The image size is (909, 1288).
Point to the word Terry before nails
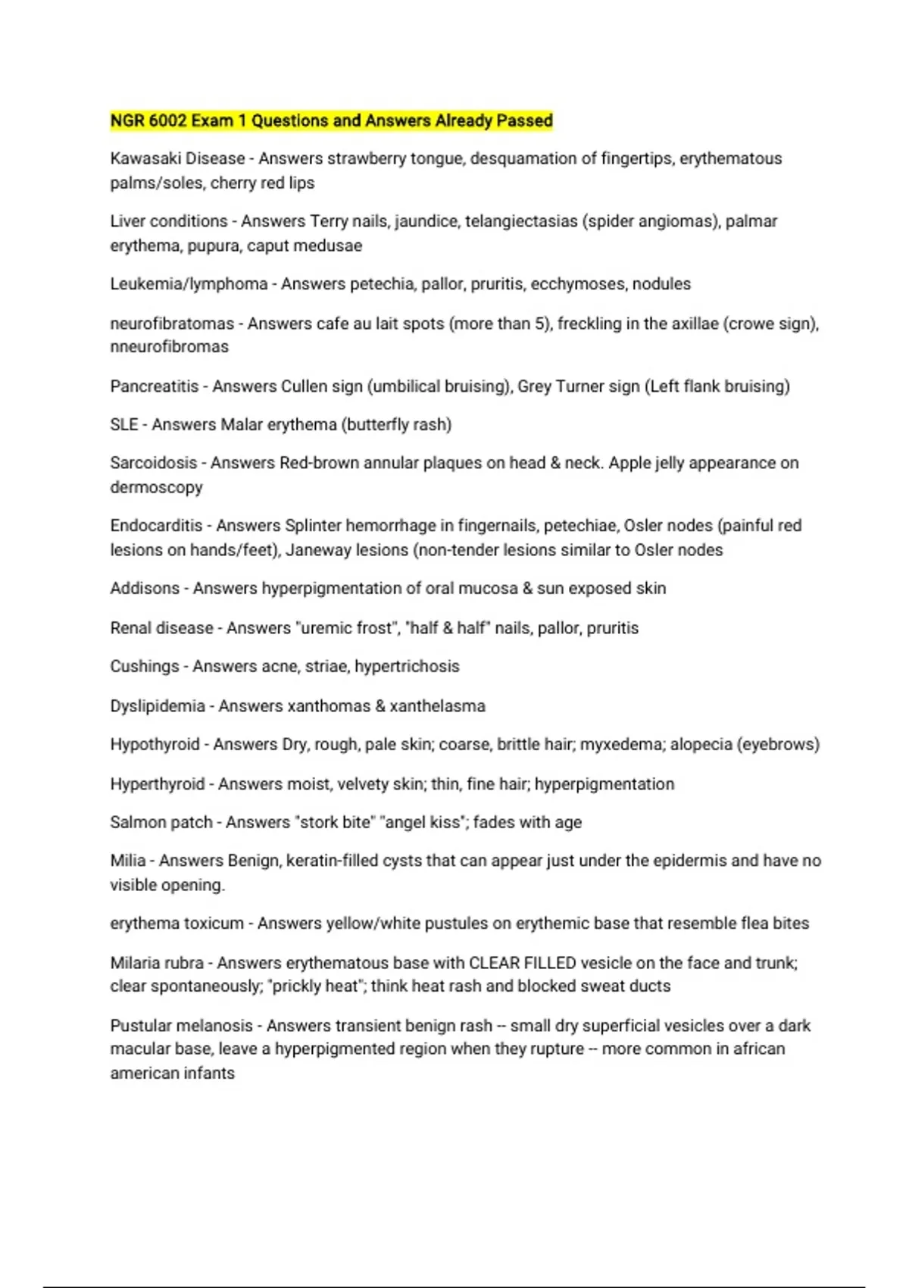coord(329,221)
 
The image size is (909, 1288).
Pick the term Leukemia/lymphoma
coord(189,284)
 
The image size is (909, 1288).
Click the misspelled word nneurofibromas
coord(169,346)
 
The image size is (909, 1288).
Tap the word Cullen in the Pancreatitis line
coord(305,386)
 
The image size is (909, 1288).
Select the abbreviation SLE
coord(124,424)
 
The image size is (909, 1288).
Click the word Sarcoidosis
coord(154,463)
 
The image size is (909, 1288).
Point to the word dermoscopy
coord(156,487)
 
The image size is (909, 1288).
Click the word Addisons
coord(145,589)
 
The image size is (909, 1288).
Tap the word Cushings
coord(145,667)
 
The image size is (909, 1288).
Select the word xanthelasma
coord(437,706)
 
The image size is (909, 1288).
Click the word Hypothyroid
coord(155,745)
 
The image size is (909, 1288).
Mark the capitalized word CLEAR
coord(496,963)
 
